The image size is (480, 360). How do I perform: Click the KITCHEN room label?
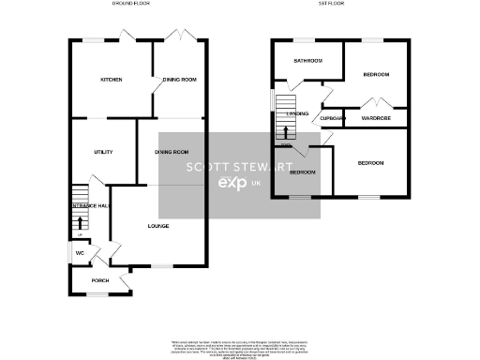(112, 80)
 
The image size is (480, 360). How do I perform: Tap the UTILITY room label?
(103, 151)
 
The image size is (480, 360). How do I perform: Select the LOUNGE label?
(157, 226)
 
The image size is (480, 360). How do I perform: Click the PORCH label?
(99, 280)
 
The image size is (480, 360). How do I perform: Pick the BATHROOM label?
(307, 61)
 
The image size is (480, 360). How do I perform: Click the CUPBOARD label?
(333, 119)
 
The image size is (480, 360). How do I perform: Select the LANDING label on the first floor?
(298, 114)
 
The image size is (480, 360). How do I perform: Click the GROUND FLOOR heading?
(130, 4)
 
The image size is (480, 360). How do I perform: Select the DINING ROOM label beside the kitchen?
(180, 80)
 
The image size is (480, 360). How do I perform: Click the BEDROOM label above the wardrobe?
(376, 74)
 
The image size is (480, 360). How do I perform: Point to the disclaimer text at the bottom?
(239, 347)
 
